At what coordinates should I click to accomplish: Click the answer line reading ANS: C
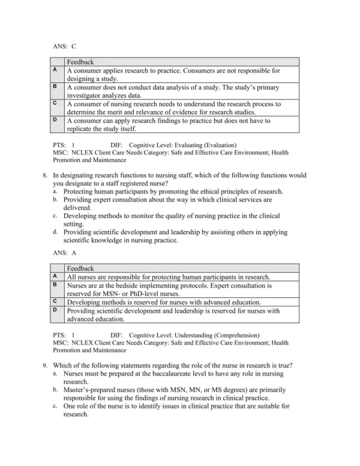click(x=65, y=46)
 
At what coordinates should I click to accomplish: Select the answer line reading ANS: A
click(x=65, y=253)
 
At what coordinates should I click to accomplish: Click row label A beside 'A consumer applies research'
click(x=55, y=70)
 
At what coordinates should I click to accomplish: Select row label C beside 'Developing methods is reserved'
click(x=55, y=301)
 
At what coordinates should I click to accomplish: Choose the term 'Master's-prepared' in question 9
click(x=91, y=390)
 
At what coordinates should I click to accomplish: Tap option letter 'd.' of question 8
click(x=55, y=232)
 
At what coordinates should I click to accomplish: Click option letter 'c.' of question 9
click(x=55, y=406)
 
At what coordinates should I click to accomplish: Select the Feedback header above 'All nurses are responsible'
click(x=80, y=268)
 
